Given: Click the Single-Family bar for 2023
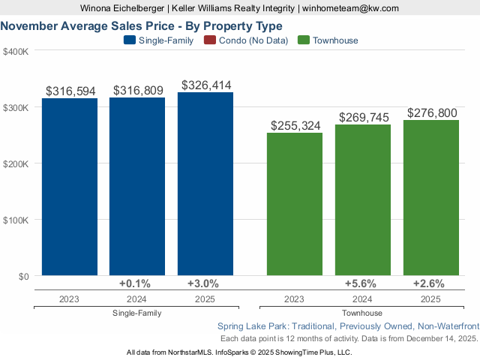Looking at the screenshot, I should pyautogui.click(x=70, y=187).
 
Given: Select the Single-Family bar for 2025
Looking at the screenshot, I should pyautogui.click(x=205, y=184).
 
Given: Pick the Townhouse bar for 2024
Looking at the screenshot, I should pyautogui.click(x=363, y=200).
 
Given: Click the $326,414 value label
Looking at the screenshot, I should pyautogui.click(x=205, y=85).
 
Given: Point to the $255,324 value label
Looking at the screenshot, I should pyautogui.click(x=295, y=126).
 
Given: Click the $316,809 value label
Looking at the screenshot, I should pyautogui.click(x=138, y=91).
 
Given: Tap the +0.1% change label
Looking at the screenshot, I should pyautogui.click(x=135, y=283).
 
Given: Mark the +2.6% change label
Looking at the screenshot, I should pyautogui.click(x=429, y=283).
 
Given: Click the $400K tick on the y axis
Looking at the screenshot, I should pyautogui.click(x=16, y=52).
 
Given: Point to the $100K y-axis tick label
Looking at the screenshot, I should pyautogui.click(x=16, y=220).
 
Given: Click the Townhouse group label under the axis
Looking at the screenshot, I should pyautogui.click(x=362, y=313).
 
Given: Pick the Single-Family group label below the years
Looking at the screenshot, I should pyautogui.click(x=136, y=313).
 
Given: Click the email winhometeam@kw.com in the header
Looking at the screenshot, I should pyautogui.click(x=351, y=8).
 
